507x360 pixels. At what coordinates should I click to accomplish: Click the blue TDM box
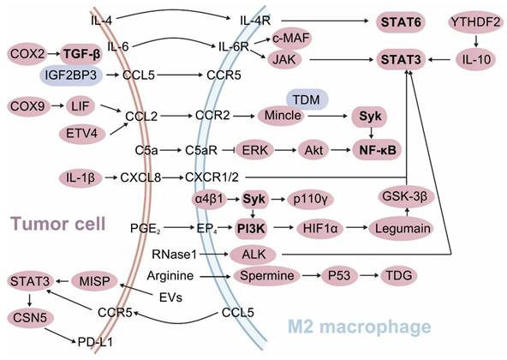click(305, 98)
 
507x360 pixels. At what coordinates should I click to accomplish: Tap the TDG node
click(398, 277)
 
